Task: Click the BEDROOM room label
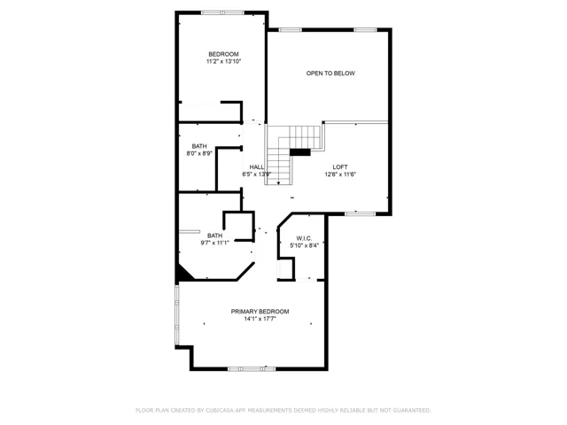pos(223,54)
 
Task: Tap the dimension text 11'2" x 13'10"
pos(223,61)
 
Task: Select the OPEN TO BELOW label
pos(330,73)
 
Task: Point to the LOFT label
pos(340,167)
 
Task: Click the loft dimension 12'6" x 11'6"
pos(340,174)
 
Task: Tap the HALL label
pos(257,167)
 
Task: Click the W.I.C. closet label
pos(304,238)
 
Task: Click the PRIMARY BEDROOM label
pos(260,312)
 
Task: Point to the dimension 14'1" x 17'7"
pos(260,319)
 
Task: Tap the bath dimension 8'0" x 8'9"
pos(199,153)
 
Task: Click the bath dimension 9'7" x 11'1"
pos(214,243)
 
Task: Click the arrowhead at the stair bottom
pos(278,183)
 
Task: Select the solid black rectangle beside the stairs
pos(300,152)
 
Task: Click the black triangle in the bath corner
pos(183,273)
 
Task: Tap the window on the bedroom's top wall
pos(222,12)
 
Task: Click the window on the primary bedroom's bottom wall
pos(252,369)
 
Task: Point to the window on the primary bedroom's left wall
pos(177,315)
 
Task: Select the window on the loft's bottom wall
pos(360,214)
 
